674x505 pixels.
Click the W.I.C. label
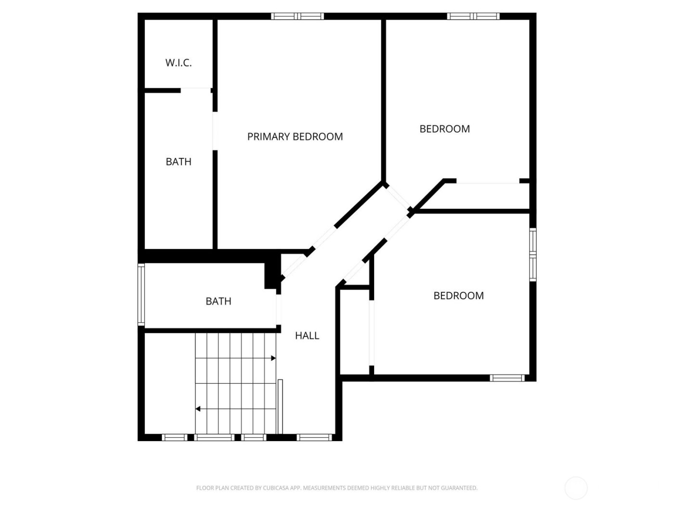point(179,63)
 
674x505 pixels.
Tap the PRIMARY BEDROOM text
point(295,137)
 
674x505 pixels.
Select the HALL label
point(307,336)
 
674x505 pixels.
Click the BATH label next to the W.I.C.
point(179,162)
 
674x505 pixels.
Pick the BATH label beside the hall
point(219,301)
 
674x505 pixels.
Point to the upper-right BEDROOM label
point(444,129)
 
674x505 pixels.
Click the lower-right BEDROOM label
point(458,296)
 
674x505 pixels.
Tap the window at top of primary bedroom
point(298,16)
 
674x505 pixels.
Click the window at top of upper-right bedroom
point(473,16)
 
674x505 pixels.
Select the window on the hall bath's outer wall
point(141,294)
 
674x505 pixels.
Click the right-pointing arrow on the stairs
point(273,358)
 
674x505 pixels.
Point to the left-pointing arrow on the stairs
point(198,409)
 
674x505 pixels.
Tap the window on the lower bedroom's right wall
point(532,254)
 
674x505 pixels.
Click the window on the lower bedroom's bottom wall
point(507,378)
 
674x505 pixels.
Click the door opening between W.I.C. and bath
point(195,90)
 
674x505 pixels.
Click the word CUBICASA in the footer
point(276,488)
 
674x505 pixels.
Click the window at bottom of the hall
point(315,437)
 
